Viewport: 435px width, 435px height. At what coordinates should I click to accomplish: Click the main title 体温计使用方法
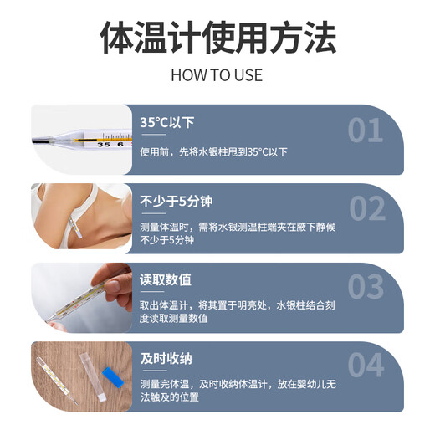click(x=217, y=38)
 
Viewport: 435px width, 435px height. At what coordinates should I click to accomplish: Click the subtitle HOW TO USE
click(x=217, y=75)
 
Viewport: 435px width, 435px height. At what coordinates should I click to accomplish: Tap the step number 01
click(x=366, y=130)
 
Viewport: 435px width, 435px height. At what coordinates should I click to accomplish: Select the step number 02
click(x=367, y=208)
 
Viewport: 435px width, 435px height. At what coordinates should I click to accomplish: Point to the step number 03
click(x=366, y=287)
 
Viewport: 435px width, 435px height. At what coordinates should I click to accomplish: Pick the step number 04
click(x=366, y=365)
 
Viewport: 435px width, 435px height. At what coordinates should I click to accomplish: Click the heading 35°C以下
click(x=167, y=122)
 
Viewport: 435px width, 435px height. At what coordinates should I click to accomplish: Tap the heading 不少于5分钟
click(x=176, y=201)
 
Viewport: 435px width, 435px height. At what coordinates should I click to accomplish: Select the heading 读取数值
click(x=166, y=279)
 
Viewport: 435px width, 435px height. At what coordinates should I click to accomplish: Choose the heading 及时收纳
click(x=166, y=359)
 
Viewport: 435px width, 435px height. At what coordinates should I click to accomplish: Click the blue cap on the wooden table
click(x=113, y=377)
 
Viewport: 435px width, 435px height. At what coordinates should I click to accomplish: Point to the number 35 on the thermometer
click(x=103, y=145)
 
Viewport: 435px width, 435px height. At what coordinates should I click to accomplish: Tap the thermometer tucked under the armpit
click(x=75, y=227)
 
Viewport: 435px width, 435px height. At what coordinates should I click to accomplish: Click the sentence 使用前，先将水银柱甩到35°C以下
click(x=213, y=152)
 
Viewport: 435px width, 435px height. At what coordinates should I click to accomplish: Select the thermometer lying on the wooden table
click(x=56, y=381)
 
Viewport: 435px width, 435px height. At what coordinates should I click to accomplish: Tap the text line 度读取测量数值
click(x=174, y=318)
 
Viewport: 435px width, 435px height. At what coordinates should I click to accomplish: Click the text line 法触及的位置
click(x=170, y=397)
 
